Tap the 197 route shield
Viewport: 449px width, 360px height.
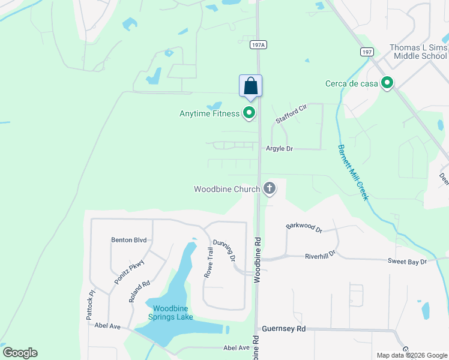pos(366,52)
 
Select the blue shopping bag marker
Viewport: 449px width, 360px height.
pos(250,86)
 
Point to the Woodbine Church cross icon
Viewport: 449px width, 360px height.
pos(270,189)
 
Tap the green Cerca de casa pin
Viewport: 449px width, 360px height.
pos(388,83)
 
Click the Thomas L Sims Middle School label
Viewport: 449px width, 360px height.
pos(418,52)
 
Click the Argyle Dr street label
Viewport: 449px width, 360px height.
pos(279,148)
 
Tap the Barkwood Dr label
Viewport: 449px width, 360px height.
pos(304,227)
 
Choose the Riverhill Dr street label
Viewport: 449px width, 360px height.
pos(319,254)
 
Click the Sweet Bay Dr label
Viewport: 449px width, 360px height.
pos(406,262)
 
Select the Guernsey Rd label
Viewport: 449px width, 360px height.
pos(284,329)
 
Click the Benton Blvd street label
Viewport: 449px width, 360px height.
pos(128,240)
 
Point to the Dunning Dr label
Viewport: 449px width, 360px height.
pos(223,248)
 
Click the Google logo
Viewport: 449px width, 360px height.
pos(20,353)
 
